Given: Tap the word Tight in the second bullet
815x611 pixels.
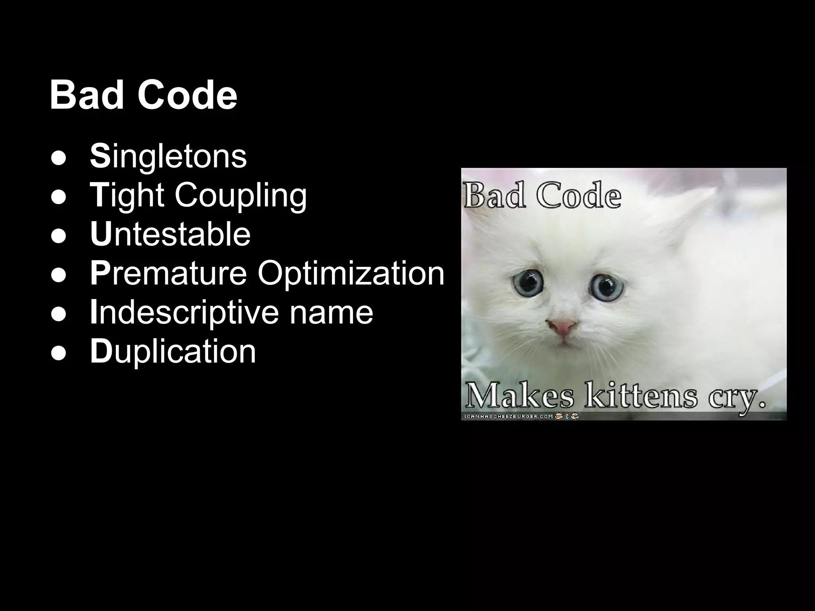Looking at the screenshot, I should [127, 195].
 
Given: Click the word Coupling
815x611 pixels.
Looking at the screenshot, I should [241, 195].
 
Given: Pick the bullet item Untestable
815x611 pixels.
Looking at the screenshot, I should [170, 234].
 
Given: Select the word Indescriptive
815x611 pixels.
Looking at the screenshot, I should [184, 312].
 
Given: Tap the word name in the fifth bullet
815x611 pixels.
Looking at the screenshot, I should [331, 312].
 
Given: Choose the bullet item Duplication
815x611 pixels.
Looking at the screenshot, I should [173, 351].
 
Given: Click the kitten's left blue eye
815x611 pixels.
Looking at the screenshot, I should [528, 282].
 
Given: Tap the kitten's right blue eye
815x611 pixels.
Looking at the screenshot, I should [606, 285].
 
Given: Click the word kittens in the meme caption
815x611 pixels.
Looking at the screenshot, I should [641, 396].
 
